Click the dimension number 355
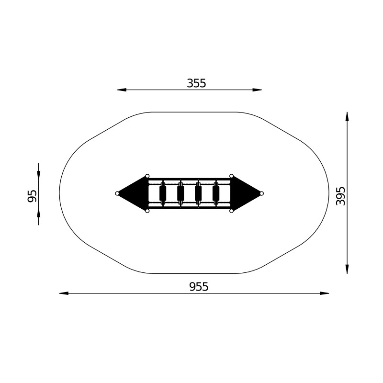pyautogui.click(x=196, y=83)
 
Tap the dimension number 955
pyautogui.click(x=199, y=287)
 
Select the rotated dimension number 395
pyautogui.click(x=340, y=196)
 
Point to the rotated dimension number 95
pyautogui.click(x=32, y=196)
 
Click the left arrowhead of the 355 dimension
pyautogui.click(x=122, y=90)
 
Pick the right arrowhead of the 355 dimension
pyautogui.click(x=257, y=90)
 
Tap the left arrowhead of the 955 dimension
pyautogui.click(x=64, y=293)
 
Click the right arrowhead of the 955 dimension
pyautogui.click(x=325, y=293)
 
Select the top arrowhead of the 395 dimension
pyautogui.click(x=347, y=116)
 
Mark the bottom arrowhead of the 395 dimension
pyautogui.click(x=347, y=269)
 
